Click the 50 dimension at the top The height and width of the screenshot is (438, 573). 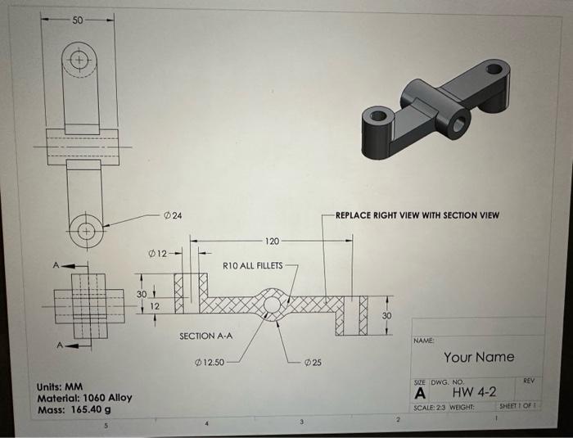[77, 19]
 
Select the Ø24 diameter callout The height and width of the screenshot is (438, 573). [173, 214]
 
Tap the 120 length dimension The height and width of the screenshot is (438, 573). [273, 242]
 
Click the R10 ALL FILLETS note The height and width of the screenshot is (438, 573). [253, 265]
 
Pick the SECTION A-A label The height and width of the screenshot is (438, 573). [206, 336]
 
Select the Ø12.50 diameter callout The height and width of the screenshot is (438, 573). [211, 361]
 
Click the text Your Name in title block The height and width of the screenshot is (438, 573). [479, 357]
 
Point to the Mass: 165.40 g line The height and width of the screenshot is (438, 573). [74, 409]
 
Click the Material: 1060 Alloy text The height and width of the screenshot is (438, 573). [84, 398]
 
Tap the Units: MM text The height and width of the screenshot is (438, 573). [61, 386]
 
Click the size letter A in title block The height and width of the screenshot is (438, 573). [421, 393]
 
